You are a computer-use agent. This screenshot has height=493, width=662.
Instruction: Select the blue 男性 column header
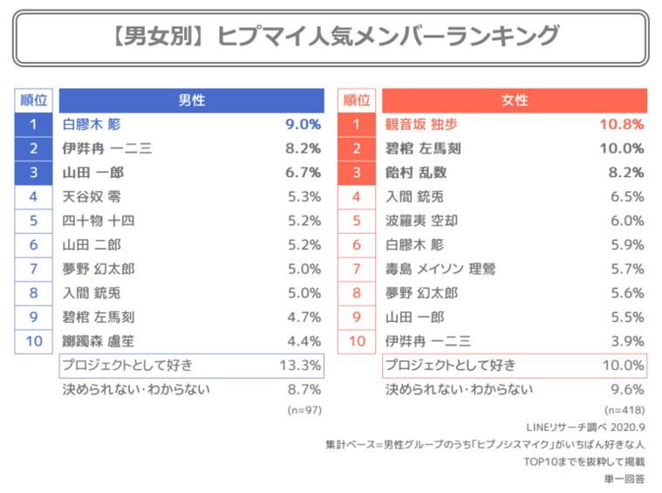pos(192,100)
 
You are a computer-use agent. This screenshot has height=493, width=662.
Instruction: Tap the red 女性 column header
pos(515,100)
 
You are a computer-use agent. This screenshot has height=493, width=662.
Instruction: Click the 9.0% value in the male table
pos(304,124)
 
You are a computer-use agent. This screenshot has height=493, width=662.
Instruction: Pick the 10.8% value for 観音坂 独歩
pos(622,124)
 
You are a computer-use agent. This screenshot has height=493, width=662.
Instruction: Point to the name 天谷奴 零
pos(92,196)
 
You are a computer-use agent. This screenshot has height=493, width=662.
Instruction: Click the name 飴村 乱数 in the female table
pos(416,173)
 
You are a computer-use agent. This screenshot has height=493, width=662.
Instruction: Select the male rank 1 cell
pos(33,124)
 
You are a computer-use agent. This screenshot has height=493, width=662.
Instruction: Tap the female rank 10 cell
pos(357,341)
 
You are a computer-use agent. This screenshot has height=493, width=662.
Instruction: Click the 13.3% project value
pos(300,366)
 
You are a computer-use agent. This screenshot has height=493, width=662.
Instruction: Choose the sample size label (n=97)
pos(304,410)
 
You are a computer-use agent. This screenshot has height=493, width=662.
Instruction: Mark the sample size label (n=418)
pos(624,410)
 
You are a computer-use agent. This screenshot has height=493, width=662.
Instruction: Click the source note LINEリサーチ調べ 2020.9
pos(585,428)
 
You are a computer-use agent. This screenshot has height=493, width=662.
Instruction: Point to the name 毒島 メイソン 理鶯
pos(440,269)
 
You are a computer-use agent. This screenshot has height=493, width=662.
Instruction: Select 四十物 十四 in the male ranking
pos(99,221)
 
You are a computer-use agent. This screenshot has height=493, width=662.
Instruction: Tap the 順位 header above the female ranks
pos(357,100)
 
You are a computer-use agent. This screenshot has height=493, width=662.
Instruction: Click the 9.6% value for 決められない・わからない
pos(627,389)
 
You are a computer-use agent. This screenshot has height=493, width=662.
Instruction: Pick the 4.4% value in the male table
pos(304,341)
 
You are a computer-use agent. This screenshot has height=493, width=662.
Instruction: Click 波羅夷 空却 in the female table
pos(421,221)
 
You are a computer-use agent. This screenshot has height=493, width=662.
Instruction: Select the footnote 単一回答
pos(624,479)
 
